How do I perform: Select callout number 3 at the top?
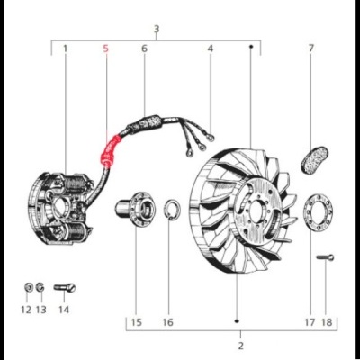(x=157, y=30)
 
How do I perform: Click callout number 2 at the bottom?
(x=240, y=345)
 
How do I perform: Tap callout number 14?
(x=63, y=309)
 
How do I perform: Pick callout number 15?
(x=136, y=321)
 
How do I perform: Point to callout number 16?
(x=167, y=321)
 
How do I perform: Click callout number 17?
(x=310, y=321)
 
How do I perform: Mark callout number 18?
(x=327, y=321)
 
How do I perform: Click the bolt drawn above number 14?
(x=65, y=288)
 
